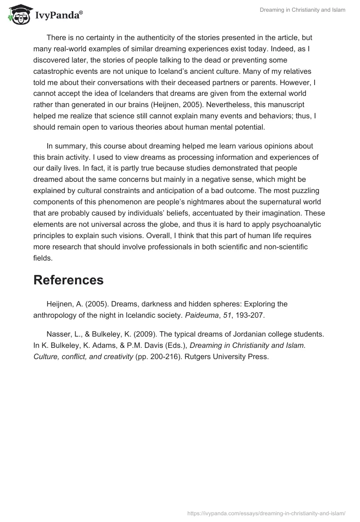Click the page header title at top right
click(302, 10)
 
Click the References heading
click(68, 280)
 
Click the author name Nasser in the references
click(58, 334)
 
